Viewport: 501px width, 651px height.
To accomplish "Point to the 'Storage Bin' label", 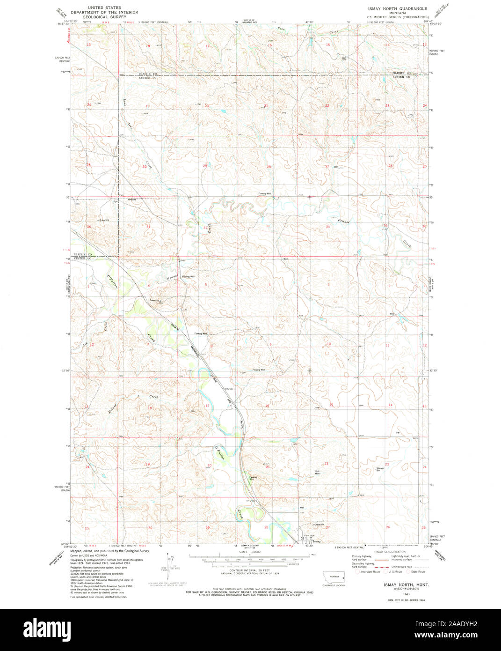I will [x=380, y=468].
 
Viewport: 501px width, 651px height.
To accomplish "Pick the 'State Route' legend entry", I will [x=417, y=571].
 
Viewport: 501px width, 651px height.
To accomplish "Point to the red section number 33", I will [x=268, y=226].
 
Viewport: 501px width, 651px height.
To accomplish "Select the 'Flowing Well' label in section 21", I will [x=253, y=478].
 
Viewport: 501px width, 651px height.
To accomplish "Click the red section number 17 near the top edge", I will [x=207, y=46].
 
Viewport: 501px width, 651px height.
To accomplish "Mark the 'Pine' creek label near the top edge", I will [x=281, y=29].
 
